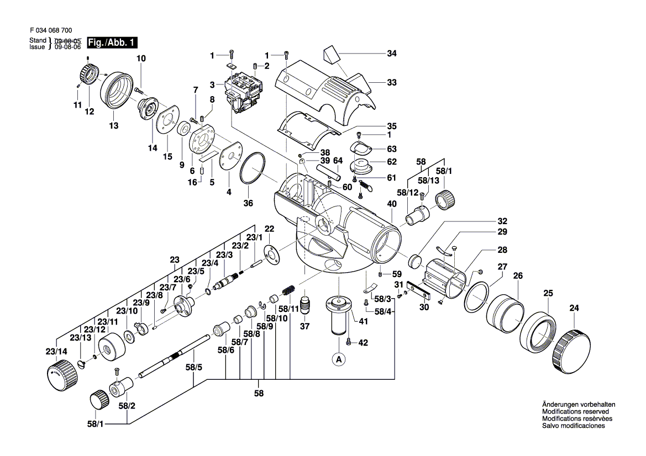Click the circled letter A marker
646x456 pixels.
tap(338, 359)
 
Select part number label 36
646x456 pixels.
tap(248, 203)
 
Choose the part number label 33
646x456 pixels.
tap(392, 83)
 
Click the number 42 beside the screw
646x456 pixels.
tap(363, 343)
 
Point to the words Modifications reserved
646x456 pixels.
tap(575, 412)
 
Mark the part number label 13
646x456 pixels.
tap(113, 126)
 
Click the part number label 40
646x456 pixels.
tap(392, 204)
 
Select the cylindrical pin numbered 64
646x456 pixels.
tap(326, 168)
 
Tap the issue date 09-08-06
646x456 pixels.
tap(66, 47)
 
